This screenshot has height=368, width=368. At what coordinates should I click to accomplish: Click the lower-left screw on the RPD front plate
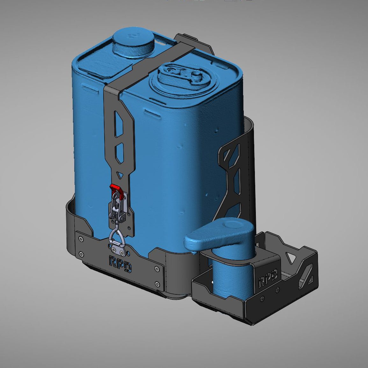coord(82,254)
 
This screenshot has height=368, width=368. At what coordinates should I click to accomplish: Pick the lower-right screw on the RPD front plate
coord(156,284)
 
